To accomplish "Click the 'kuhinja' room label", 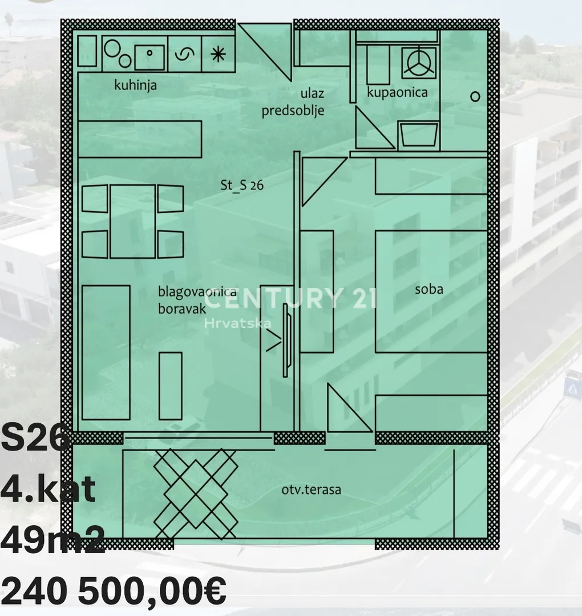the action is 135,85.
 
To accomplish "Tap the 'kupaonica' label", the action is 397,92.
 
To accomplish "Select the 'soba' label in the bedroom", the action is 429,290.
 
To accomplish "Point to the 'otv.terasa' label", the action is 311,490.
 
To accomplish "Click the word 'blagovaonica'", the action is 197,291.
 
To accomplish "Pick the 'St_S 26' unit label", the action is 242,185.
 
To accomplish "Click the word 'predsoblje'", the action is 293,111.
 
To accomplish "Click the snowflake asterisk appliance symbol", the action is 218,54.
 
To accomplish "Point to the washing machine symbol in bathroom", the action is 419,63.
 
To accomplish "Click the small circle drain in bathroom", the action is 475,96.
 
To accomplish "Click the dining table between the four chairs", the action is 133,221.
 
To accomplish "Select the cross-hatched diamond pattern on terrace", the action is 195,494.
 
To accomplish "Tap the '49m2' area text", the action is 52,540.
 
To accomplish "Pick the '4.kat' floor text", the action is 48,489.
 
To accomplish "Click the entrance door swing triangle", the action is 265,51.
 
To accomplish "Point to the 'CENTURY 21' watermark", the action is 290,298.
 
